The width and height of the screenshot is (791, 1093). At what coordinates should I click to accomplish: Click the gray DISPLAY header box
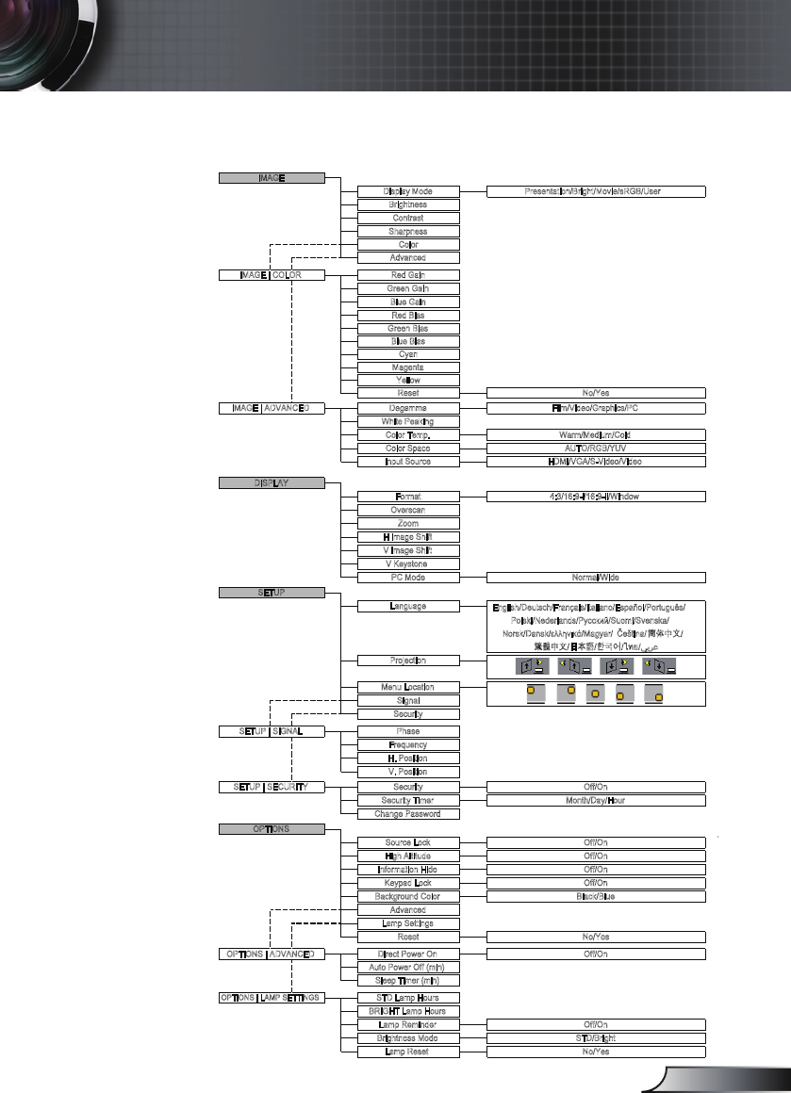(272, 482)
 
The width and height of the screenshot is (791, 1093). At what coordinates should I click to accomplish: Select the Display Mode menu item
(408, 191)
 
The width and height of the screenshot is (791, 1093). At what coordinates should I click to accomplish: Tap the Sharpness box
(408, 231)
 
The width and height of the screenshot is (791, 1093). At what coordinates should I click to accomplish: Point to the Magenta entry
(408, 367)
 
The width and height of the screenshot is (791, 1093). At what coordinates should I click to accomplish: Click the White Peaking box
(408, 421)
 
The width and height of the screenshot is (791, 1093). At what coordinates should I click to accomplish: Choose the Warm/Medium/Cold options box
(596, 435)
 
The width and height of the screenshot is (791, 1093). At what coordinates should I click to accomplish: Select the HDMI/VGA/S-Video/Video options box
(596, 462)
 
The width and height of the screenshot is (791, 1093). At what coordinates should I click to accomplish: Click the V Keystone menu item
(408, 563)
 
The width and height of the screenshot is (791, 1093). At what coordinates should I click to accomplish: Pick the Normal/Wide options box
(596, 577)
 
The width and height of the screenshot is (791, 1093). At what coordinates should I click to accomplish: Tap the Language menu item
(408, 607)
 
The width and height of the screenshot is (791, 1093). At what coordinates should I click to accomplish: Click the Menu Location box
(408, 688)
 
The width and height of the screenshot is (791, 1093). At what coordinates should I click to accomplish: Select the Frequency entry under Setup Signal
(408, 744)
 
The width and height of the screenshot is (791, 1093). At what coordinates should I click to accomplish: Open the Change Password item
(408, 813)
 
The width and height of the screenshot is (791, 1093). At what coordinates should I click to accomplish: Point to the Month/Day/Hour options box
(596, 800)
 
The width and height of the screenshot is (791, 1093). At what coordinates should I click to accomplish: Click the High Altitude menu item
(408, 856)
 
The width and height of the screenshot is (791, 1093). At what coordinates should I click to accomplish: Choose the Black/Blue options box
(596, 896)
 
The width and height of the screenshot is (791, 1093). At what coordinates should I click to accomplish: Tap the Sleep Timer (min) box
(408, 980)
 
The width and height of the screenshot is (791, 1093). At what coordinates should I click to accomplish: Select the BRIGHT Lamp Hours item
(408, 1011)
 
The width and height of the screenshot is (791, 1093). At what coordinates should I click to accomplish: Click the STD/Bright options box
(596, 1037)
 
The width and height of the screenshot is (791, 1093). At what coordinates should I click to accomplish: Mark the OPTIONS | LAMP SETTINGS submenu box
(272, 997)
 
